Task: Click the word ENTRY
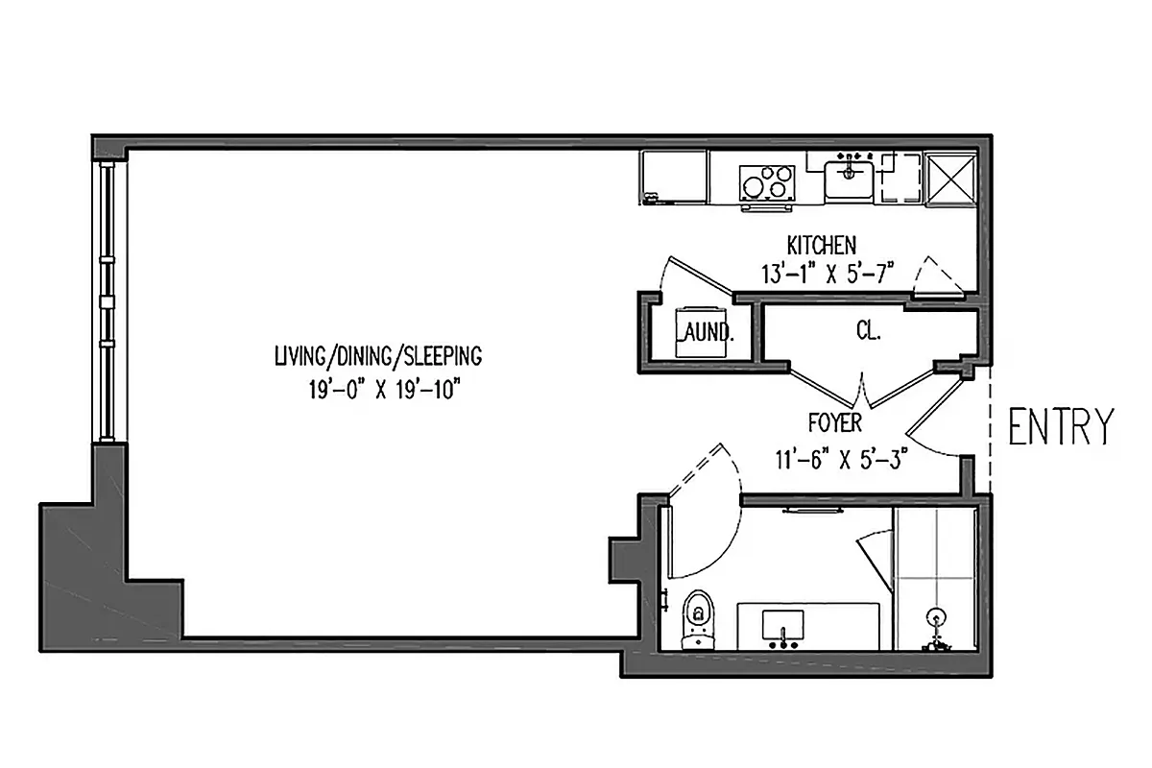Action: point(1061,427)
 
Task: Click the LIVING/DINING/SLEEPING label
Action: point(377,357)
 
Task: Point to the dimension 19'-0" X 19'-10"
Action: point(377,391)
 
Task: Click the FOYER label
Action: point(835,422)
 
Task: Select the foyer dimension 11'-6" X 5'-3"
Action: point(841,458)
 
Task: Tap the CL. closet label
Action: point(868,332)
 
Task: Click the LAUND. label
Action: point(706,333)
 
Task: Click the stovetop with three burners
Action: point(767,181)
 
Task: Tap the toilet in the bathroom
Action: point(699,619)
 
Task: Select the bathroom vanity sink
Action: point(784,627)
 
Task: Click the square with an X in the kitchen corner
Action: point(949,178)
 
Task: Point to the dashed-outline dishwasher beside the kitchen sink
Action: point(900,178)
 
